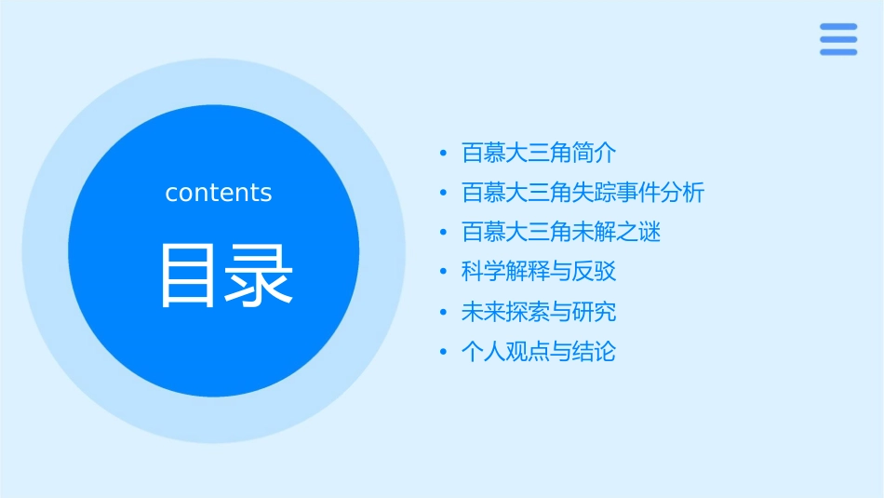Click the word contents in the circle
[x=219, y=193]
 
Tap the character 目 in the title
[x=191, y=276]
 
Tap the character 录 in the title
[x=260, y=276]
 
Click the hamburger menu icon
[x=837, y=39]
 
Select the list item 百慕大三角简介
[x=539, y=153]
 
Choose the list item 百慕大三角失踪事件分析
[x=583, y=193]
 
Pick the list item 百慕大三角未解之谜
[x=560, y=232]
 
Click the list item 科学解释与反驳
[x=539, y=272]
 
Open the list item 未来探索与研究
[x=539, y=312]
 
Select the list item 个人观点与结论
[x=539, y=352]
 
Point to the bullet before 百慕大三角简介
[x=444, y=154]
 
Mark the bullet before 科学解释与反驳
[x=444, y=273]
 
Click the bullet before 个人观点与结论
[x=444, y=353]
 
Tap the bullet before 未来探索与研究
[x=444, y=313]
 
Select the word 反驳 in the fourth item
[x=595, y=272]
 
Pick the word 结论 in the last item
[x=595, y=352]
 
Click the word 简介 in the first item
[x=595, y=153]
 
